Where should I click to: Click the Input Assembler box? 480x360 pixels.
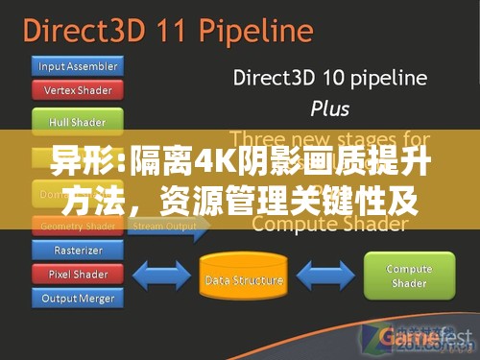78,66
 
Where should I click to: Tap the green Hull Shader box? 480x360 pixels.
78,122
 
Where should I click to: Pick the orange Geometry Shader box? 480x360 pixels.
78,227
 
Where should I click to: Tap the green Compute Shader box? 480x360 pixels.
409,276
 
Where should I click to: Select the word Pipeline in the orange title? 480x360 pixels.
257,31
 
